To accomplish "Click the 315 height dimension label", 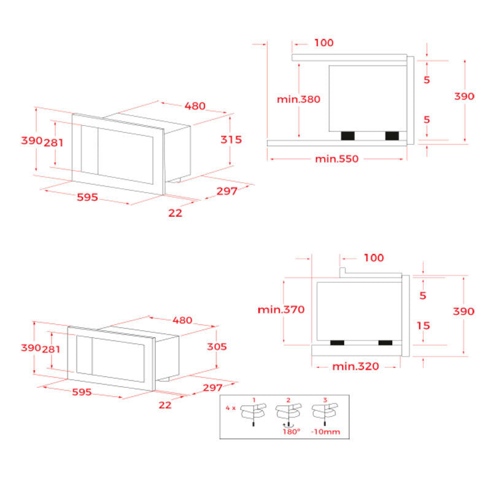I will click(231, 139).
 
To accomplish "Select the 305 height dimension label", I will click(217, 346).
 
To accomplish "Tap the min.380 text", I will click(298, 99).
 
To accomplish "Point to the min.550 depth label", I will click(336, 159).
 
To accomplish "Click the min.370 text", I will click(280, 309).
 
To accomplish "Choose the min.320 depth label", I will click(355, 366).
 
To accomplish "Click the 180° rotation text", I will click(292, 432).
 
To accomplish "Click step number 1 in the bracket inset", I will click(253, 400).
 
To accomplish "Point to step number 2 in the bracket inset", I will click(289, 400).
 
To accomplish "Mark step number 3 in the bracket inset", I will click(325, 400).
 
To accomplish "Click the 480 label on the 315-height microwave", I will click(195, 106).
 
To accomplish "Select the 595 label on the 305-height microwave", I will click(82, 392).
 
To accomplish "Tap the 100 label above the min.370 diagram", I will click(373, 258).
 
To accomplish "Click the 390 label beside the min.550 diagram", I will click(464, 96).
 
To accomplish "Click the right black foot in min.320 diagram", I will click(385, 342).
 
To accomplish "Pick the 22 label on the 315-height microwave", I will click(175, 212).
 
